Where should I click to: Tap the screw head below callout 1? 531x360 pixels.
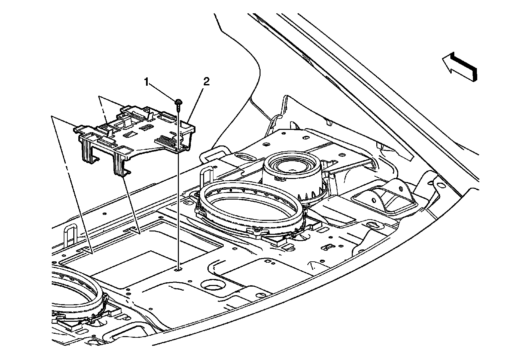click(x=179, y=102)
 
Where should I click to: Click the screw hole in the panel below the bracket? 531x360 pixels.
click(x=179, y=270)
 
